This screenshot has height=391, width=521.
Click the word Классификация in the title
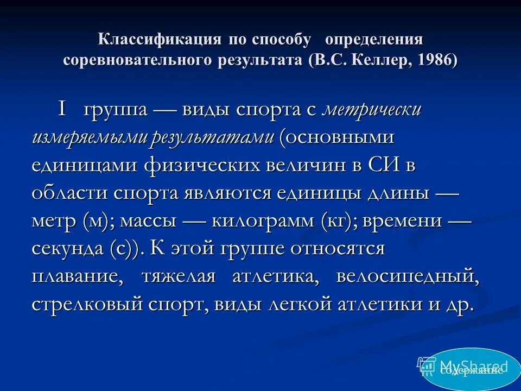click(x=159, y=40)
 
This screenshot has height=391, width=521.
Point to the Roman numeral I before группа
click(x=63, y=110)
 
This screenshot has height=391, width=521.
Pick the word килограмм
click(x=257, y=222)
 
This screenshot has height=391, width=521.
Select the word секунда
click(x=68, y=249)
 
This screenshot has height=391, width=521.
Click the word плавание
click(x=77, y=278)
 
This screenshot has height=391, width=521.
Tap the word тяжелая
click(x=179, y=278)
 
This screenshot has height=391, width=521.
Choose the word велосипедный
click(x=408, y=278)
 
